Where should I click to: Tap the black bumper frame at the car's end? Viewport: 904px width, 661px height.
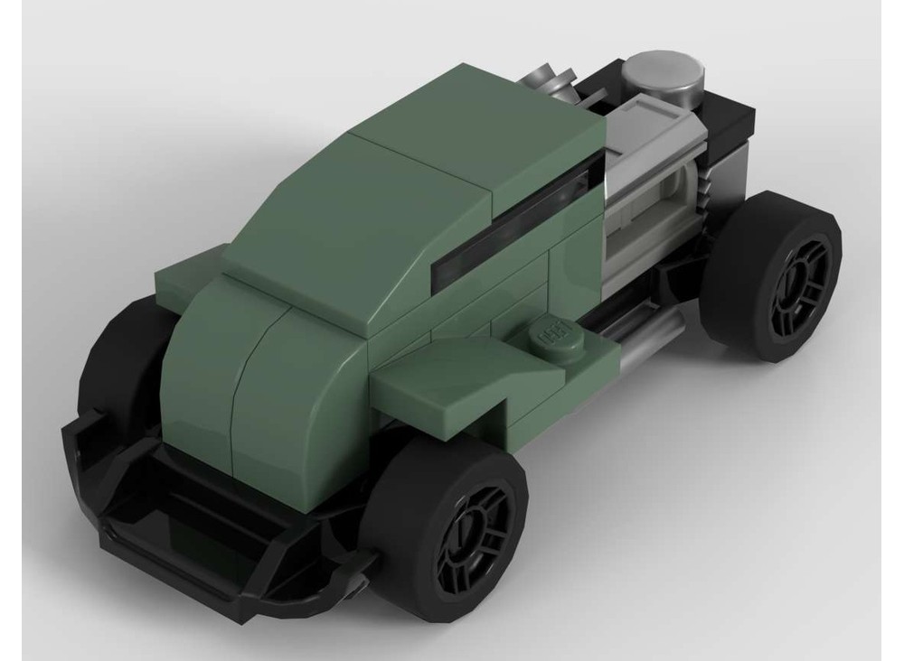click(181, 533)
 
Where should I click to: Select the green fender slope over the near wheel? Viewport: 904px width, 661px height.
click(434, 384)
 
